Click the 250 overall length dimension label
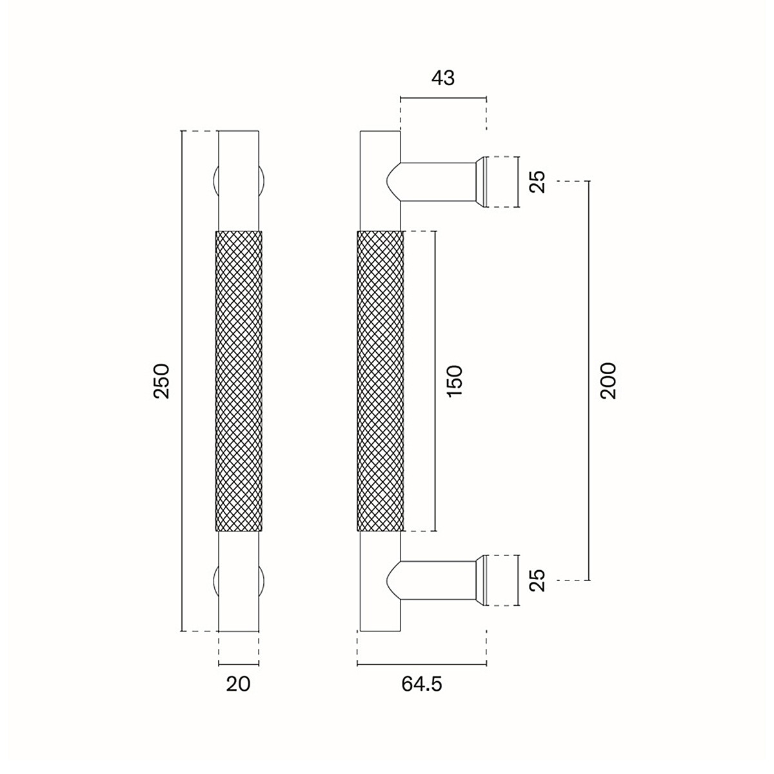coord(162,381)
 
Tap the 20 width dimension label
coord(238,684)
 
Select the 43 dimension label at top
coord(443,78)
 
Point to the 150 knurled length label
coord(455,381)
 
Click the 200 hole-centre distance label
coord(608,381)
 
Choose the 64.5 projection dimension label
coord(422,684)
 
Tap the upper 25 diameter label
coord(537,181)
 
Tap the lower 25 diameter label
coord(537,580)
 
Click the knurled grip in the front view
coord(239,381)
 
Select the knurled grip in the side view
coord(380,381)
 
